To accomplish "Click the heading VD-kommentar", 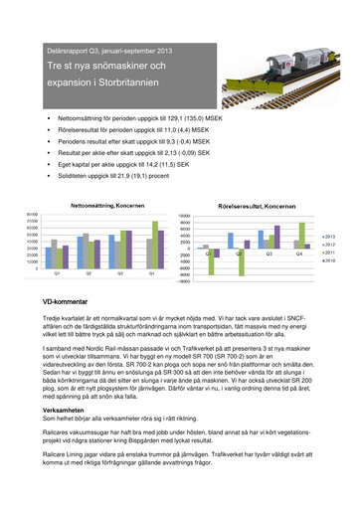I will [55, 299].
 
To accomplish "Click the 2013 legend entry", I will [329, 237].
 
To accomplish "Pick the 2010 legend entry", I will [329, 261].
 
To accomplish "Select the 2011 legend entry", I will [329, 254].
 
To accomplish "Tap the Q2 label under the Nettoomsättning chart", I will [90, 272].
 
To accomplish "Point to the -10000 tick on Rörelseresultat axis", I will [184, 281].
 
